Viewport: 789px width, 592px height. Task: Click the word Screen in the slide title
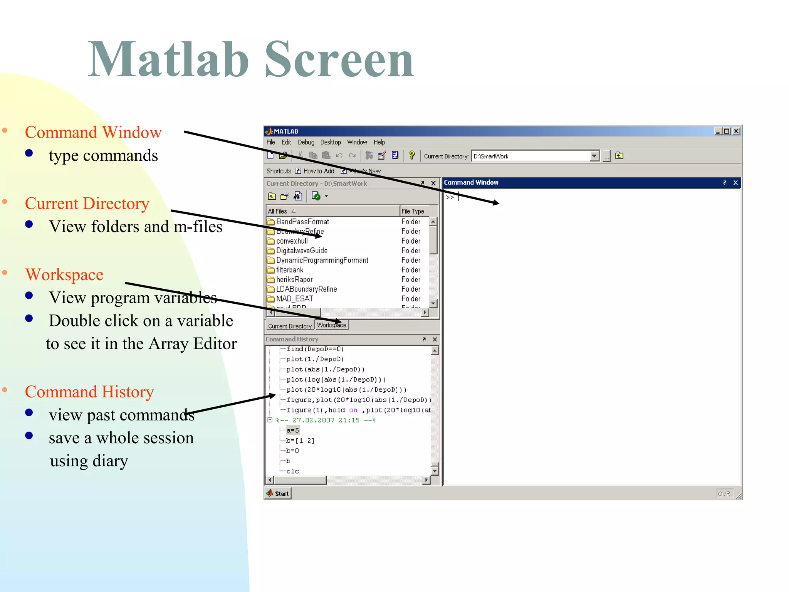339,60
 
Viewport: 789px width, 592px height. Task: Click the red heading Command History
89,392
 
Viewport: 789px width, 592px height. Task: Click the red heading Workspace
64,275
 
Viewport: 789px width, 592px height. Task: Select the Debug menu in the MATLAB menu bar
306,142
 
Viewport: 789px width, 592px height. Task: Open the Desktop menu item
331,142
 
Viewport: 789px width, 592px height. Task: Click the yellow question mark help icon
412,155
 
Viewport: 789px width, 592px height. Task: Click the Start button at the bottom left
278,493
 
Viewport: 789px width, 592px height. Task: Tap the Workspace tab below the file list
331,325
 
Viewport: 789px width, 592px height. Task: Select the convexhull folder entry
292,241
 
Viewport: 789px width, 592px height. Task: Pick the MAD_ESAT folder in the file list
294,299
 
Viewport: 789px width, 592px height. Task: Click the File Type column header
413,211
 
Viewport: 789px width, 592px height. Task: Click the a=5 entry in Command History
292,430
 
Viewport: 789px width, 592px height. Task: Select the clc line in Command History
292,471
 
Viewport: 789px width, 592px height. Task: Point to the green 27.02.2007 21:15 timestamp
326,420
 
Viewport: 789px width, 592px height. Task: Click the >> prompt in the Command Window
450,197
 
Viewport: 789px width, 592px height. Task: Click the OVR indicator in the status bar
724,494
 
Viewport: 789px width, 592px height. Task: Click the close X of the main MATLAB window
736,131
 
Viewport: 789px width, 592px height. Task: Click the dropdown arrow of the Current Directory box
594,156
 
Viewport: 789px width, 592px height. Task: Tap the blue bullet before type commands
29,153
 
